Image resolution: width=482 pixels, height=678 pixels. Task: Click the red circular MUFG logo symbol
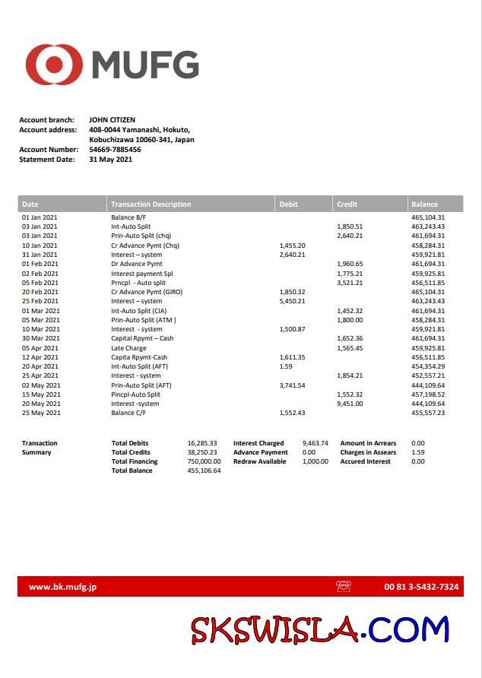click(54, 65)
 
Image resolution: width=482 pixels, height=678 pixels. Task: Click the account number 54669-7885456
click(115, 150)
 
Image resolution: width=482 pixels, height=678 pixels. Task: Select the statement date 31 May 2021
click(110, 160)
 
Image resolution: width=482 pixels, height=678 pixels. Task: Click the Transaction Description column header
click(151, 204)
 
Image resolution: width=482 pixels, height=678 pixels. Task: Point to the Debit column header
click(289, 204)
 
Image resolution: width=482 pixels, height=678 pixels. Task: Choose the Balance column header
click(424, 204)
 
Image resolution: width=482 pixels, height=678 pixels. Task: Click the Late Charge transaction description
click(129, 348)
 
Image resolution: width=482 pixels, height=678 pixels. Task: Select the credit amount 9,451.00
click(350, 404)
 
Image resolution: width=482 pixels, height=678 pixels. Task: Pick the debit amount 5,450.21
click(292, 301)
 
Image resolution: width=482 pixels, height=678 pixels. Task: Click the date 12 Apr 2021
click(40, 357)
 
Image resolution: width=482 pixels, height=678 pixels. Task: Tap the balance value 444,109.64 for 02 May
click(428, 385)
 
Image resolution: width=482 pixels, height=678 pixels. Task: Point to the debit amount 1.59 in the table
click(286, 366)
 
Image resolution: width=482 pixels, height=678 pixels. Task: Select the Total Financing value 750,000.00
click(204, 461)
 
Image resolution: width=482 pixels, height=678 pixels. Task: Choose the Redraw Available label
click(260, 461)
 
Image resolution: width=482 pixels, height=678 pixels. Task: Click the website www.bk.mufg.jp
click(62, 587)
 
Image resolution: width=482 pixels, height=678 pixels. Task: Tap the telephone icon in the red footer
click(343, 587)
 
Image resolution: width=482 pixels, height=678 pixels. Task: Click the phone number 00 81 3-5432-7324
click(421, 587)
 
